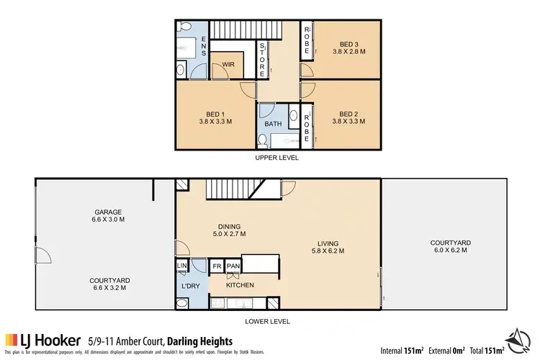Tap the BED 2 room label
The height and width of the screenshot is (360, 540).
[x=348, y=113]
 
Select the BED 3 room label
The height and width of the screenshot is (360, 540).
[x=348, y=42]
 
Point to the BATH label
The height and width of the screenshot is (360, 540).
[x=274, y=124]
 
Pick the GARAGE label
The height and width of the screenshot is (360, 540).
[x=107, y=212]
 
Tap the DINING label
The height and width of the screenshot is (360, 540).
[x=228, y=225]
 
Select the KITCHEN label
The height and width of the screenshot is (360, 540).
[x=239, y=284]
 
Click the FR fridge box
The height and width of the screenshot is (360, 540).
[x=216, y=266]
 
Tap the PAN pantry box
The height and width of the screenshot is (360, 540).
[x=232, y=266]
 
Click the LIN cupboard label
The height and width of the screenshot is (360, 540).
[x=181, y=266]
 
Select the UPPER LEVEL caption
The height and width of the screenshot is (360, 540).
[x=276, y=157]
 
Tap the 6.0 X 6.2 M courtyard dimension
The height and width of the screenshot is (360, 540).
[x=450, y=251]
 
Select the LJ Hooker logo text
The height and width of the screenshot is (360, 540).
[x=53, y=339]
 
